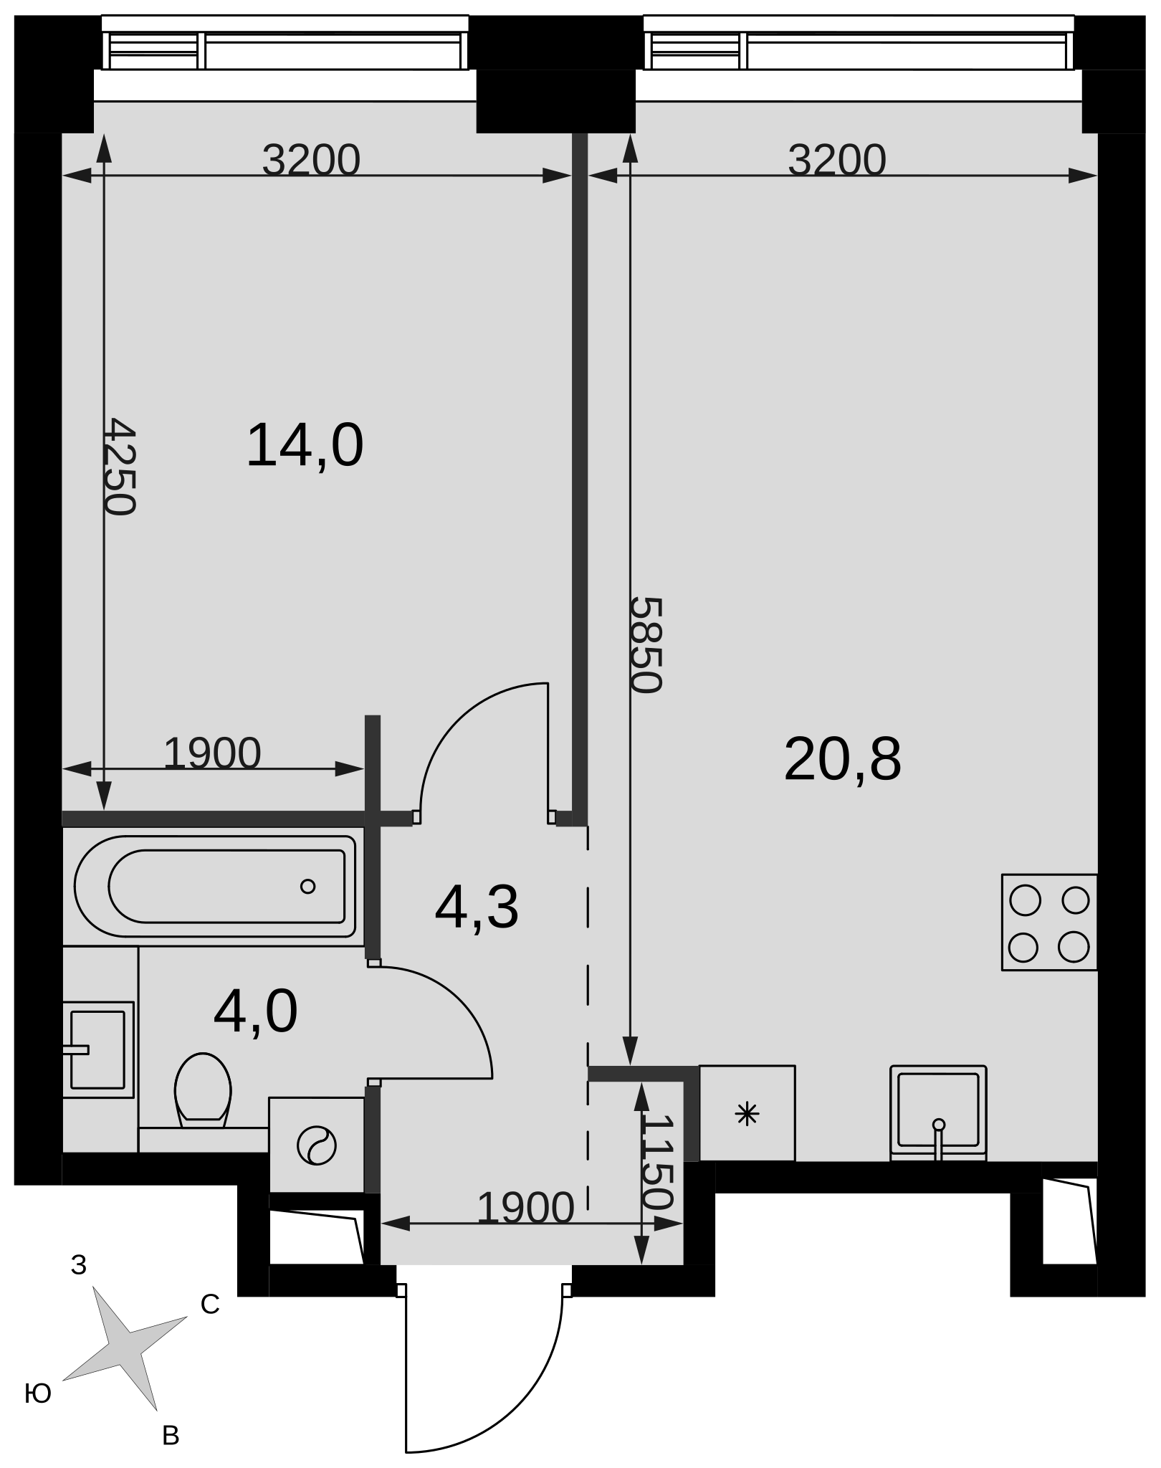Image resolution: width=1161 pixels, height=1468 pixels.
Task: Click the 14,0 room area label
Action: click(x=305, y=447)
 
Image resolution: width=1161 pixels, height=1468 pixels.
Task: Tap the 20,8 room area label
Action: click(x=842, y=759)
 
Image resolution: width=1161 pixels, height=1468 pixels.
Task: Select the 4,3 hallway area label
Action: click(x=477, y=908)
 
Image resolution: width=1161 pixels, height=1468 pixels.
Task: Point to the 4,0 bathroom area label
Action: click(x=255, y=1012)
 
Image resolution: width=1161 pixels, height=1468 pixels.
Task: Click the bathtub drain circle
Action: click(x=308, y=887)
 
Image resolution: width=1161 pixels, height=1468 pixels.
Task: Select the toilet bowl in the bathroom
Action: click(x=203, y=1090)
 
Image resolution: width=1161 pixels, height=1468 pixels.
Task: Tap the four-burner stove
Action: click(x=1049, y=923)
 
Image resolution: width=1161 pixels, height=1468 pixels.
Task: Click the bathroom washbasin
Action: click(x=98, y=1049)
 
